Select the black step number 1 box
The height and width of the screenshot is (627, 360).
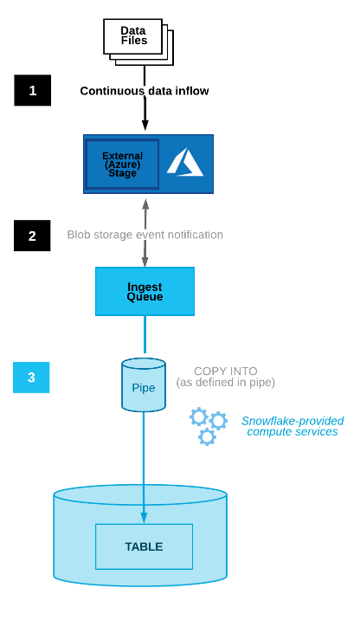click(x=32, y=90)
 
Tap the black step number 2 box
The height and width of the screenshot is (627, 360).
click(x=32, y=236)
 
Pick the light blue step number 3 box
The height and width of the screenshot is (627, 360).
click(x=31, y=378)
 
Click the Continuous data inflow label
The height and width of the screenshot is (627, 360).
click(x=145, y=90)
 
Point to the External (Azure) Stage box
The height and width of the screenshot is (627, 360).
click(x=122, y=164)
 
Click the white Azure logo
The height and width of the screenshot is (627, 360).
click(x=184, y=162)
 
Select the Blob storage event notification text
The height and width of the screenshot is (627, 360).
click(x=145, y=235)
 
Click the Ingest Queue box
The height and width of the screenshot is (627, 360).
click(x=145, y=291)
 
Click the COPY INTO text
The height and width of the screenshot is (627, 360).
click(x=225, y=371)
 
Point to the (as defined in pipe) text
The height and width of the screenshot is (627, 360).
click(x=226, y=383)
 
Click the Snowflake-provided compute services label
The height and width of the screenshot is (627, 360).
click(x=292, y=426)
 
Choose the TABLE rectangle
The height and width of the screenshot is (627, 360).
click(x=144, y=546)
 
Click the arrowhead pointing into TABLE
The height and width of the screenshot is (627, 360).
click(x=144, y=520)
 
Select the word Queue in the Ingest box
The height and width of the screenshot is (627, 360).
click(x=145, y=297)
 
